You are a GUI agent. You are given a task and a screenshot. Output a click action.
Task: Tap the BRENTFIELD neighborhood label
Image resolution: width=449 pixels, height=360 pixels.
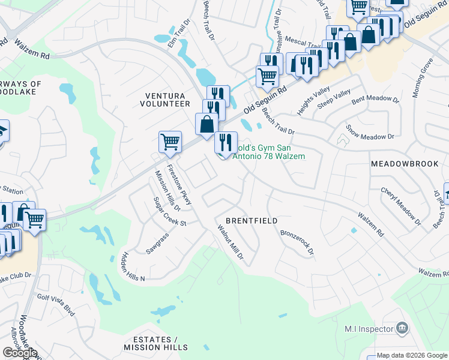click(x=252, y=221)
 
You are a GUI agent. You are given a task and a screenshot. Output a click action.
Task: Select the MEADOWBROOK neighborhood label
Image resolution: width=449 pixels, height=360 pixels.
click(x=406, y=164)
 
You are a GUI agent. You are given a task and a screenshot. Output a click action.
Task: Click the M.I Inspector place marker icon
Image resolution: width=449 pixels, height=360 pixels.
click(x=402, y=328)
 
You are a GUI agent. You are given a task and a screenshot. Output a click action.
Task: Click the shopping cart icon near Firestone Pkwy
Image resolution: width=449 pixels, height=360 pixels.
click(x=170, y=142)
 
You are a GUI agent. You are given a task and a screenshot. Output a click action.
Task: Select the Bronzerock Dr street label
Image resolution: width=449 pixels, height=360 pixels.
click(x=297, y=241)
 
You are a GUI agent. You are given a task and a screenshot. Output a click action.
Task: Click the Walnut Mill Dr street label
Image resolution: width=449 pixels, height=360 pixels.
click(x=231, y=242)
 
